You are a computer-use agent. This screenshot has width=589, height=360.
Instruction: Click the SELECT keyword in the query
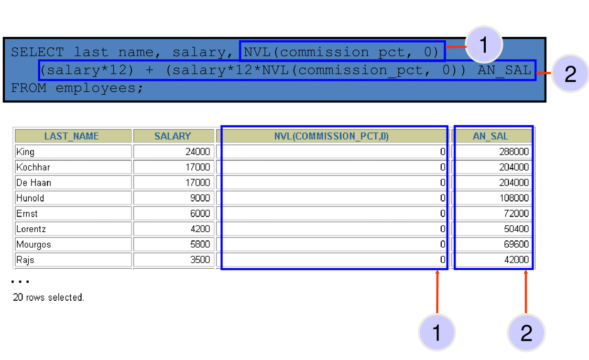click(x=37, y=52)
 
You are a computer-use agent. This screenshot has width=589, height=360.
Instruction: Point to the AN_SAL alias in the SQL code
click(x=504, y=70)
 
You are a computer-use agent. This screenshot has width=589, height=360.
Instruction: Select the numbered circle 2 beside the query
click(x=570, y=74)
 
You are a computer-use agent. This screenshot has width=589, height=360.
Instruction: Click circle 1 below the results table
click(x=437, y=333)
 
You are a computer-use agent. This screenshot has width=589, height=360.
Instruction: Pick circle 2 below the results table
click(x=526, y=333)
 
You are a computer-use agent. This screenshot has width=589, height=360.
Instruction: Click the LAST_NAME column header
click(x=72, y=136)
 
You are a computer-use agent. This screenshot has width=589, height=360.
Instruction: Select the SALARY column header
click(x=173, y=136)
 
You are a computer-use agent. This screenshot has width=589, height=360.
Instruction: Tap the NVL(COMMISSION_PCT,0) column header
click(x=331, y=136)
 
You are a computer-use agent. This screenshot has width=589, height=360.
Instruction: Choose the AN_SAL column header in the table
click(x=491, y=136)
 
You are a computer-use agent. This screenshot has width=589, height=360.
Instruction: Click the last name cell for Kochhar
click(x=33, y=167)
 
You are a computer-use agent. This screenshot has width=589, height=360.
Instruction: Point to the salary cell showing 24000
click(x=198, y=152)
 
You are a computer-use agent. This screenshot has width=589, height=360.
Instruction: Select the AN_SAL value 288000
click(x=514, y=152)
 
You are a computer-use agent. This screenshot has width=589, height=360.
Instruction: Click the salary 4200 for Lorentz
click(x=200, y=229)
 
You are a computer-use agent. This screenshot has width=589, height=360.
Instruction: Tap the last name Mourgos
click(x=33, y=245)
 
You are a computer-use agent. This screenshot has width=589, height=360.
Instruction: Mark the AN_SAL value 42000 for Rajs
click(x=516, y=260)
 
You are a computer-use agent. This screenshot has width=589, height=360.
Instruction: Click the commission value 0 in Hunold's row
click(x=443, y=198)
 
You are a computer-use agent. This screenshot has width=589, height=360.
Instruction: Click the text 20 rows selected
click(x=48, y=297)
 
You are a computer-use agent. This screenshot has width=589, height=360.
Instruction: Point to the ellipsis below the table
click(x=20, y=282)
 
